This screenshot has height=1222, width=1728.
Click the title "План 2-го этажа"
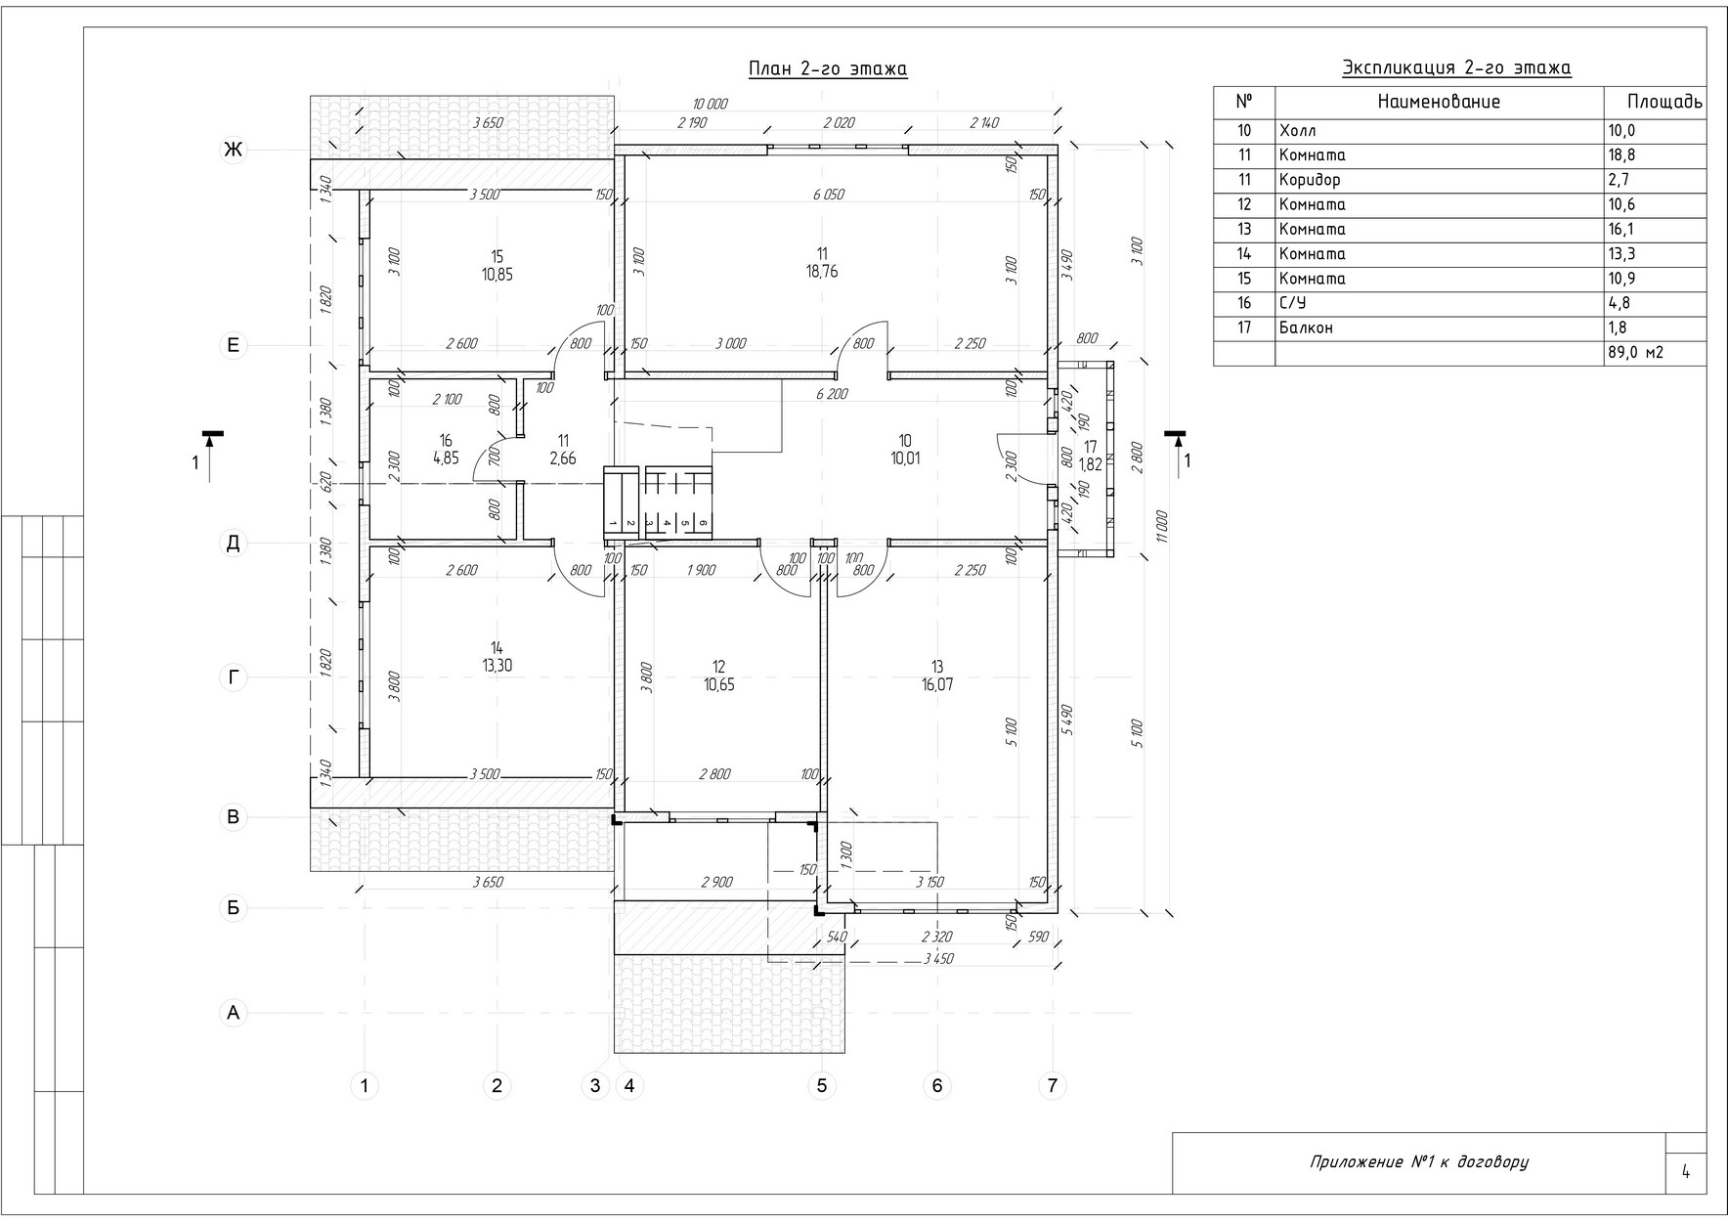coord(828,68)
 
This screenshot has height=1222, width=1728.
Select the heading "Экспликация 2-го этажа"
coord(1456,67)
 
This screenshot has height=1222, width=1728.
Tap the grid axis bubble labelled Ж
coord(233,150)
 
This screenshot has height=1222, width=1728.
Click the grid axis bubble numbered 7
coord(1052,1085)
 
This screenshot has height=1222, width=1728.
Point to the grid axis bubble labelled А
coord(233,1014)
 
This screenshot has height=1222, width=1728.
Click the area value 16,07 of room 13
coord(936,685)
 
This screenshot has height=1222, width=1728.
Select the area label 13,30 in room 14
coord(497,667)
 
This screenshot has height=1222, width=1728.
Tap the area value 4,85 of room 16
coord(446,458)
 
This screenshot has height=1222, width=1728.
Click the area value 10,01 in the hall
coord(904,458)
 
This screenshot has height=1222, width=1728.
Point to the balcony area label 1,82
coord(1090,465)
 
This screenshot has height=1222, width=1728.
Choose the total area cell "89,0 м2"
coord(1635,353)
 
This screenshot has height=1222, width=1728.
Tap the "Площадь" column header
coord(1665,102)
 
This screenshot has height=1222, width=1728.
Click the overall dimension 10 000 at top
coord(710,104)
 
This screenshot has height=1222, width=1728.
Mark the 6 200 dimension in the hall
coord(832,394)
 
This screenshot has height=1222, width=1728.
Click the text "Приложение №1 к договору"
coord(1418,1162)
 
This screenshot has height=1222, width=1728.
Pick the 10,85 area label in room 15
coord(497,275)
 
